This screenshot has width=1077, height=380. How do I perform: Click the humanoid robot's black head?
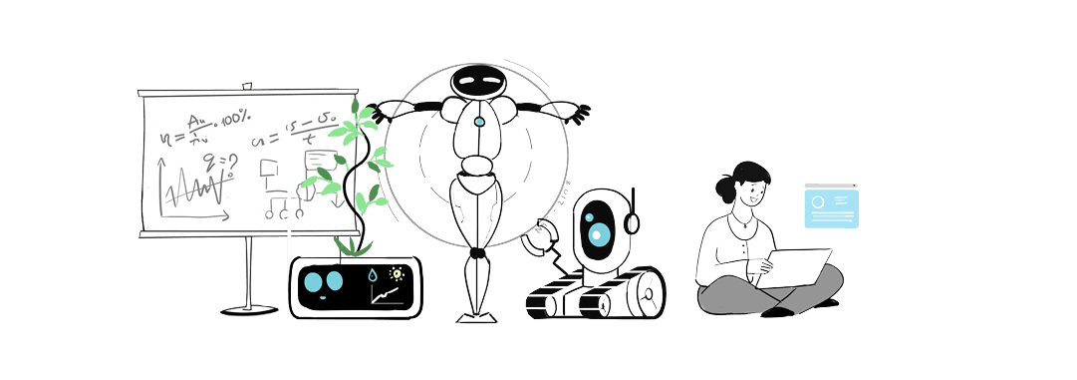tap(479, 81)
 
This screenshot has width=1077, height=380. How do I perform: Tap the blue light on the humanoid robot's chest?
tap(479, 122)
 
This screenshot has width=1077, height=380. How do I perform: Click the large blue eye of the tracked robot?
tap(599, 234)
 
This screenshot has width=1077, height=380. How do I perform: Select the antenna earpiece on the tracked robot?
tap(633, 221)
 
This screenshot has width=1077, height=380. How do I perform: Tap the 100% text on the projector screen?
tap(236, 119)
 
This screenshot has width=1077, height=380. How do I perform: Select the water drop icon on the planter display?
tap(372, 275)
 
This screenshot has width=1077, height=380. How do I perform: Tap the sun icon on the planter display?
tap(397, 273)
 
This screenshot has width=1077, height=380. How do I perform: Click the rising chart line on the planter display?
tap(386, 295)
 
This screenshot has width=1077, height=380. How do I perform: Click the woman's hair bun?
tap(723, 187)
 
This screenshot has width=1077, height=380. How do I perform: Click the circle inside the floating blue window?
tap(819, 202)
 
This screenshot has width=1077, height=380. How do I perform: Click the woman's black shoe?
tap(778, 310)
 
